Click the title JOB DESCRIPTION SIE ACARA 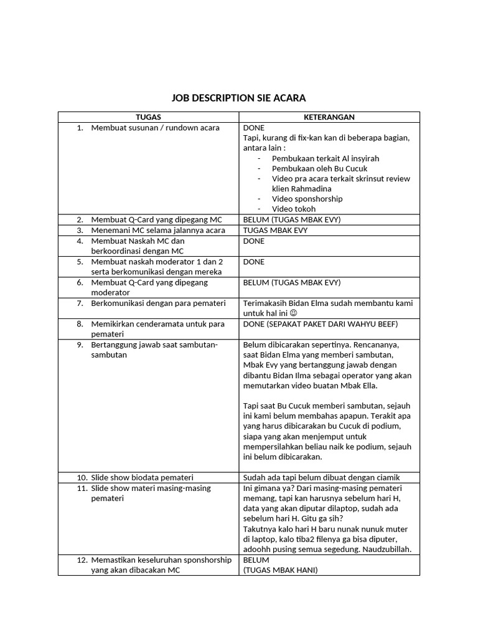coord(238,98)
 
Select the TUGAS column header coord(148,117)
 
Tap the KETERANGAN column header coord(329,117)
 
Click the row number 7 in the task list coord(80,303)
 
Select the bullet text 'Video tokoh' coord(294,209)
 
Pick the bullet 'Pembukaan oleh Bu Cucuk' coord(319,168)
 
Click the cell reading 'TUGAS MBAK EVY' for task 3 coord(275,230)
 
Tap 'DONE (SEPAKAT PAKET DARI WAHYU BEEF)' coord(320,324)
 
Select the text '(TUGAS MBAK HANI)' coord(280,570)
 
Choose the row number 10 coord(81,477)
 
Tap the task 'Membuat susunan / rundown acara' coord(155,128)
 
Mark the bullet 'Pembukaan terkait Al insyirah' coord(326,158)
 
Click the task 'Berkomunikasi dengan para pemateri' coord(157,303)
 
